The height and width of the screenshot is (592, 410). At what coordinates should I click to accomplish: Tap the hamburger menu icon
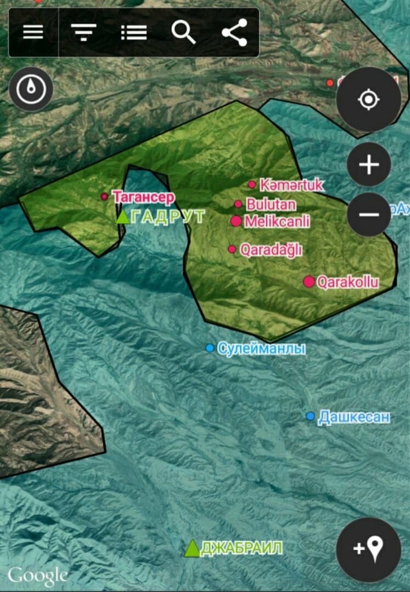tap(33, 32)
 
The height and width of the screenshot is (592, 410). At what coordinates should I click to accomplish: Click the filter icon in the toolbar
tap(84, 32)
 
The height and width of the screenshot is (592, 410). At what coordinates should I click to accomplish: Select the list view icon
tap(134, 32)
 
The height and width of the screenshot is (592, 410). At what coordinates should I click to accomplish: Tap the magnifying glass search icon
tap(184, 32)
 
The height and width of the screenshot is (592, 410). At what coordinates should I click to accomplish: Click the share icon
tap(234, 32)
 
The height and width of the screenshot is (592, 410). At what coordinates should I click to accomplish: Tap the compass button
tap(31, 89)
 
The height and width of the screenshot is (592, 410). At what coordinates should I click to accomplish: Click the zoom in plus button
tap(368, 165)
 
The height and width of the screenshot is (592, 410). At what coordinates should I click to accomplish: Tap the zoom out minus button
tap(368, 214)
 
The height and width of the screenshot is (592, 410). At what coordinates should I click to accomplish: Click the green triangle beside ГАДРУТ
tap(123, 217)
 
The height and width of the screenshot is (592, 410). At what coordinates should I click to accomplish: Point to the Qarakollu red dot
tap(309, 282)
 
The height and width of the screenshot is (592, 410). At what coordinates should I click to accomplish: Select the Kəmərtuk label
tap(291, 185)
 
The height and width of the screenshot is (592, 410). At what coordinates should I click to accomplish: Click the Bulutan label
tap(271, 204)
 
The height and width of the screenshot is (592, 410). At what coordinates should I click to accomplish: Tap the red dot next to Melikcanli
tap(236, 221)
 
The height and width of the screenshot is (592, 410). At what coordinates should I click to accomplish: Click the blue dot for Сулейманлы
tap(210, 347)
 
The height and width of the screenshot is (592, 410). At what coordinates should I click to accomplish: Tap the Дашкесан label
tap(354, 417)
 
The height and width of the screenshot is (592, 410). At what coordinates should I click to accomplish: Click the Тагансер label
tap(144, 197)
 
